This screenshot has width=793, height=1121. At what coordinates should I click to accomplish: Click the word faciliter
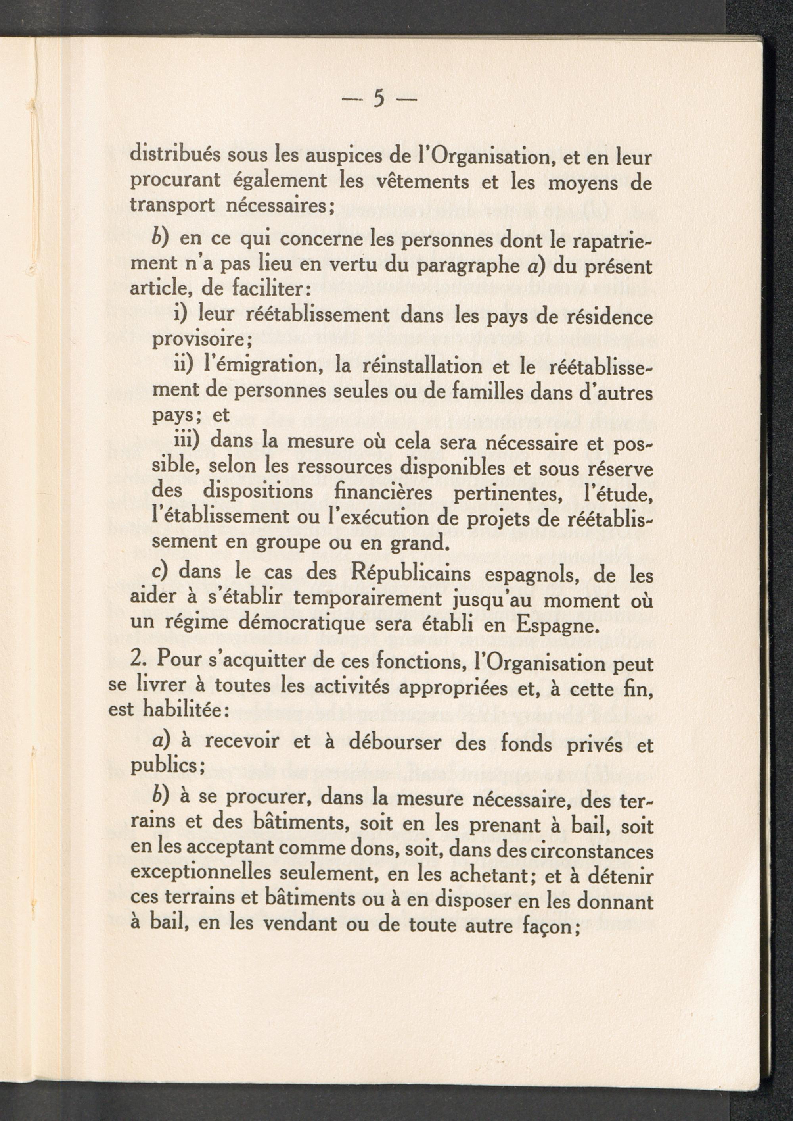(x=262, y=292)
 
